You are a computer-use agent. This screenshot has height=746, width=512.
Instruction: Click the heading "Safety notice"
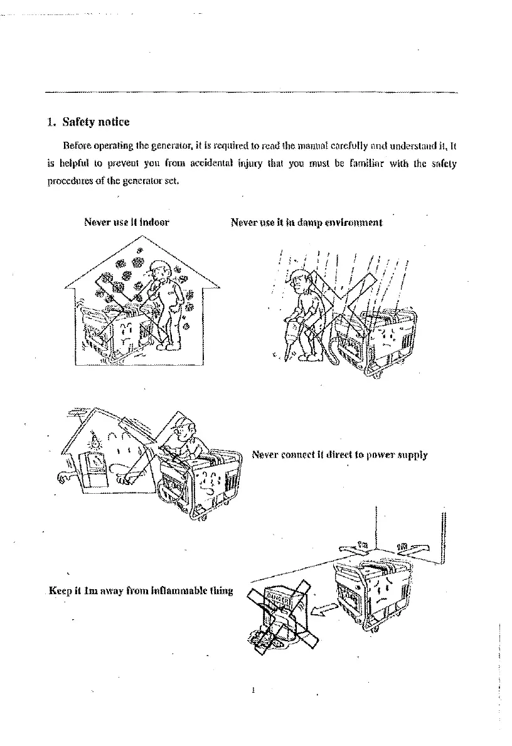(x=96, y=121)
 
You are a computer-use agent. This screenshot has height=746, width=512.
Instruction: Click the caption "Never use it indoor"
(x=126, y=221)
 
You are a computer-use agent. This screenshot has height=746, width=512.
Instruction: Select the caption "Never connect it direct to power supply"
(x=339, y=454)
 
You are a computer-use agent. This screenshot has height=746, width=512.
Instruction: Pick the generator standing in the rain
(x=376, y=342)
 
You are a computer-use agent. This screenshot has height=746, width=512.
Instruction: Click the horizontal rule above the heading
(x=251, y=92)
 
